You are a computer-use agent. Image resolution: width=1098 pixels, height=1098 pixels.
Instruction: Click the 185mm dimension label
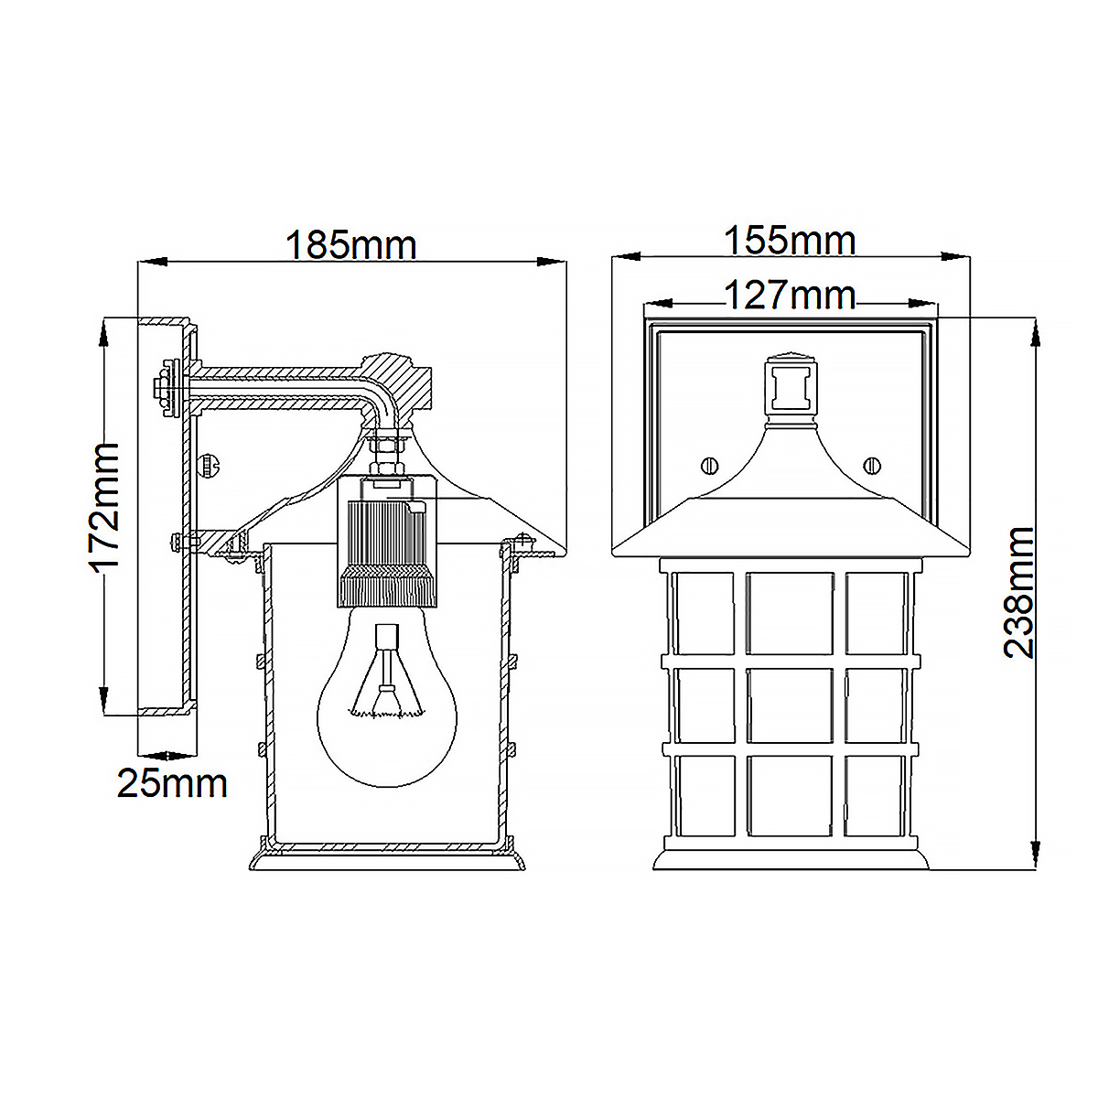(350, 245)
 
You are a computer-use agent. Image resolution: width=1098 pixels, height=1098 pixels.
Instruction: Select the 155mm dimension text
(790, 241)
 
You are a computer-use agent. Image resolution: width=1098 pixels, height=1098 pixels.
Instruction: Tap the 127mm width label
(790, 296)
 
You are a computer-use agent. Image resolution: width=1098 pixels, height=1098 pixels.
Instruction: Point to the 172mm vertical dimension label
(106, 505)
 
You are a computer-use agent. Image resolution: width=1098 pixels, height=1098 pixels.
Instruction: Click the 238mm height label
(1018, 592)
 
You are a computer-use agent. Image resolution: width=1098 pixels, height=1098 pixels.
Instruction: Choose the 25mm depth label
(172, 783)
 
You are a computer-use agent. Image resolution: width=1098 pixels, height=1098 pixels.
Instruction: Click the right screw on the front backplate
(872, 466)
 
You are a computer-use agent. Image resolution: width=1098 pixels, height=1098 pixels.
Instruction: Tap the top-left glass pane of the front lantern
(703, 613)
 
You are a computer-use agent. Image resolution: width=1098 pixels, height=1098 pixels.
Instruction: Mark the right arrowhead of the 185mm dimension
(553, 263)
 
